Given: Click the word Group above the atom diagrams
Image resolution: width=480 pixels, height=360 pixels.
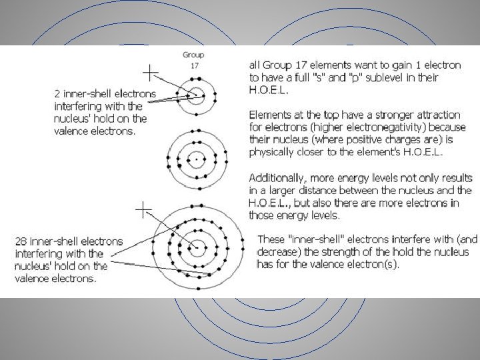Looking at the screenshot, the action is pyautogui.click(x=195, y=55).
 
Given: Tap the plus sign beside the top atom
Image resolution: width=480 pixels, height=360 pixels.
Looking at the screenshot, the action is pyautogui.click(x=152, y=71).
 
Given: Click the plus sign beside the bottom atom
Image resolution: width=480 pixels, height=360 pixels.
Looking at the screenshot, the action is pyautogui.click(x=143, y=210).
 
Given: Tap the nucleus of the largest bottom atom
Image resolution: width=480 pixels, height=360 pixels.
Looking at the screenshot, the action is pyautogui.click(x=197, y=248).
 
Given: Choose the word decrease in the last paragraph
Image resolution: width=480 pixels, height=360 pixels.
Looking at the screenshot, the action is pyautogui.click(x=278, y=252).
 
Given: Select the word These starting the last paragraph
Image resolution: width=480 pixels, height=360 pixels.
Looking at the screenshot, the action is pyautogui.click(x=271, y=239).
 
